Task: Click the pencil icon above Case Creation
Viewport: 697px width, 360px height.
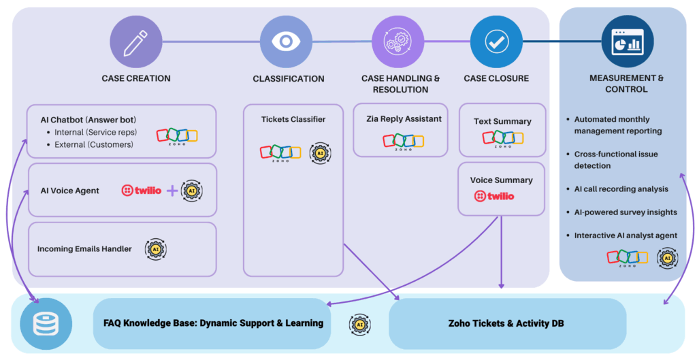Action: pos(136,42)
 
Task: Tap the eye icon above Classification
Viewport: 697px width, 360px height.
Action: pos(286,42)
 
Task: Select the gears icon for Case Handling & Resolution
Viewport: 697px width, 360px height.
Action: pos(398,42)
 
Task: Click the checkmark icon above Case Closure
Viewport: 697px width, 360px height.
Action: pos(496,42)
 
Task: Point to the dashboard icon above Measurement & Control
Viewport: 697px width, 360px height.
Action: pos(628,42)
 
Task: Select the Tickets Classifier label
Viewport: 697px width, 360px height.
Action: pos(293,119)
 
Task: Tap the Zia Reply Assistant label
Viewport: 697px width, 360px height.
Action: pos(404,118)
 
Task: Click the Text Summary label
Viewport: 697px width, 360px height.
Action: pos(502,121)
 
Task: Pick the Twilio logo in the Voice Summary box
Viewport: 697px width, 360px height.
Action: pos(495,196)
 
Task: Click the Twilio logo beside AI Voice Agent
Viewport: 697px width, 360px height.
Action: pos(142,191)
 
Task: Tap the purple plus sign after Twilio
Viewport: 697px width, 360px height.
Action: pos(172,191)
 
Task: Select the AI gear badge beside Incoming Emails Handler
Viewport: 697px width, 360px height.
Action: pos(155,249)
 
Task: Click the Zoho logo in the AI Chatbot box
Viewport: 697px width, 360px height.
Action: pos(177,135)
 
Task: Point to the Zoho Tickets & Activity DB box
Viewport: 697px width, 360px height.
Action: pos(506,323)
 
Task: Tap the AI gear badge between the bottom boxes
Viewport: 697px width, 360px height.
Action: pos(359,325)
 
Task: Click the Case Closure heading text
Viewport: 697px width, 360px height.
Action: pos(496,78)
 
